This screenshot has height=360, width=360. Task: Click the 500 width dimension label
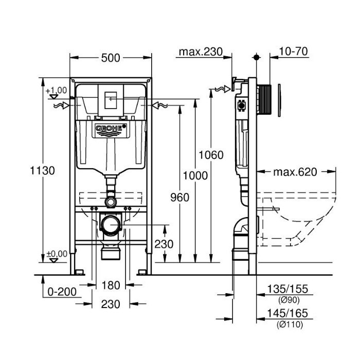111,58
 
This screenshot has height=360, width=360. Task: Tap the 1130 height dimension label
43,171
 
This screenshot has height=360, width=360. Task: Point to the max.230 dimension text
201,51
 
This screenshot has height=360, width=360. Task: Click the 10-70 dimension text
293,51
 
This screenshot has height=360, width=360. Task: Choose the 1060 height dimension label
211,155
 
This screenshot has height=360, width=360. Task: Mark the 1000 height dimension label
195,176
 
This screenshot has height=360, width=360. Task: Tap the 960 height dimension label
180,197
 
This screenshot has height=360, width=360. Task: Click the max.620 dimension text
295,172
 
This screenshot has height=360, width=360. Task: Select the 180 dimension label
111,285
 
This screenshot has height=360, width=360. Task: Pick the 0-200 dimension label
62,292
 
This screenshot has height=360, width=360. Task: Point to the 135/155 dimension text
287,289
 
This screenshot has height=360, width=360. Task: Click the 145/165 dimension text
287,313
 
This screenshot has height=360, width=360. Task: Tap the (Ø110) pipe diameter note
290,325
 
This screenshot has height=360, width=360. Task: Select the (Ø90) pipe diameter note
289,300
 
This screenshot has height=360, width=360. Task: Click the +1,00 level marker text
56,91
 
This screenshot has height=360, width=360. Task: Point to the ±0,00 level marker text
57,254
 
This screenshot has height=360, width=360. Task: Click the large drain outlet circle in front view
111,225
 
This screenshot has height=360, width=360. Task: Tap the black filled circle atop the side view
257,57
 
